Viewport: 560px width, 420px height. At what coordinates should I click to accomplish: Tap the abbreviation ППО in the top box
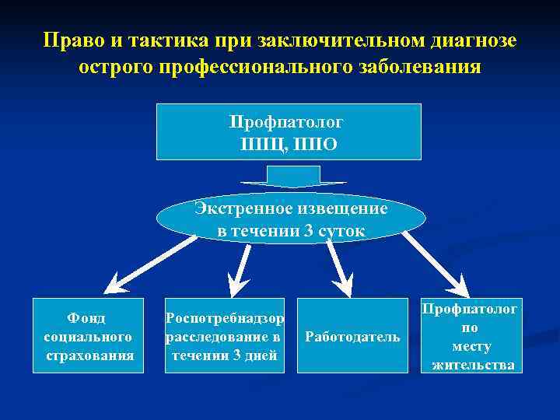318,144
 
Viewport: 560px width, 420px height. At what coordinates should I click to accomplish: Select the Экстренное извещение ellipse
291,219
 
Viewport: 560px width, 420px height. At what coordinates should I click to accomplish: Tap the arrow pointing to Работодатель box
338,268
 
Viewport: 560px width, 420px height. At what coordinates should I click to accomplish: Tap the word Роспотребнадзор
225,318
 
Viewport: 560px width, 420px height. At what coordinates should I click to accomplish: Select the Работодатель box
352,336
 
